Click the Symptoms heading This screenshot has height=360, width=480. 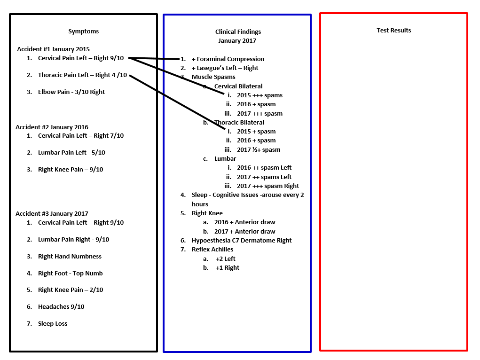tap(84, 31)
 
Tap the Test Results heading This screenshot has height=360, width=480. tap(393, 30)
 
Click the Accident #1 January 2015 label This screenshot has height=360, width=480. tap(53, 49)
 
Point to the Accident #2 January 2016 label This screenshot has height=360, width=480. tap(52, 127)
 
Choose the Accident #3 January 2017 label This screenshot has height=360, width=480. tap(52, 214)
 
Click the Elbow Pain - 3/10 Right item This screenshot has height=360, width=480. tap(71, 92)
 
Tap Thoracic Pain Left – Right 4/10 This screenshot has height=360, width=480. tap(82, 75)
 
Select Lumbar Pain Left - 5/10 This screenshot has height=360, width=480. tap(71, 152)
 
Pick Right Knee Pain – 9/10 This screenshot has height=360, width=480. tap(71, 170)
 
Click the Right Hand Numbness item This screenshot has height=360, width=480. tap(70, 257)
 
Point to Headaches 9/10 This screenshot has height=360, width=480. tap(61, 307)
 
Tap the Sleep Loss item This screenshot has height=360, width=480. tap(53, 323)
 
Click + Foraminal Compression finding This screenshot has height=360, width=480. tap(228, 59)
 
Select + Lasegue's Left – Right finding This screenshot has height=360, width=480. tap(225, 68)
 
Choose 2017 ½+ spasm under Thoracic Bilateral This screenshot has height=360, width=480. tap(259, 150)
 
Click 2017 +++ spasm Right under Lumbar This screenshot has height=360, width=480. tap(268, 186)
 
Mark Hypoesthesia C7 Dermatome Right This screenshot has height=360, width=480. tap(242, 240)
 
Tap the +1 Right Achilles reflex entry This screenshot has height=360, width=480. tap(228, 268)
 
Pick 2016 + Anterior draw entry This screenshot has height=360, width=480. tap(244, 222)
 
